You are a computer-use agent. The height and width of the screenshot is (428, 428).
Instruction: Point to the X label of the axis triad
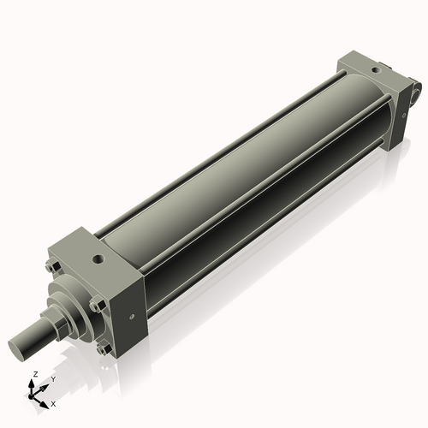[x=53, y=402]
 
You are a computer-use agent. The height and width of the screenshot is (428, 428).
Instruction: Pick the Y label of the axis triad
[x=52, y=378]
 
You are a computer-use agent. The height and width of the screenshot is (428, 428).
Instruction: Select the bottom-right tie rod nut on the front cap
[x=104, y=348]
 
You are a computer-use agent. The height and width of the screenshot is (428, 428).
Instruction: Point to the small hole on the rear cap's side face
[x=402, y=116]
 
